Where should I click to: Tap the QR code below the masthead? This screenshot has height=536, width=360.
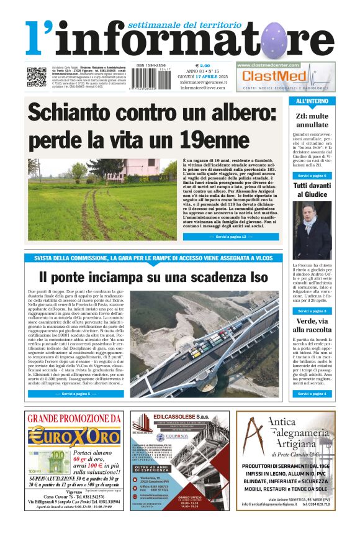36,76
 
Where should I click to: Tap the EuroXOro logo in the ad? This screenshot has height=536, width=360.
73,436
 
